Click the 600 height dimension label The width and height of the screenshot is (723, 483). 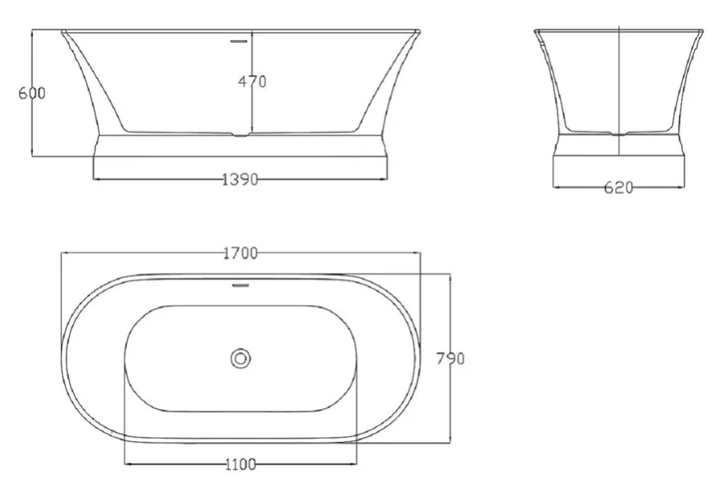coord(31,93)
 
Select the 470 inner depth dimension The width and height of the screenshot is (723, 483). coord(252,81)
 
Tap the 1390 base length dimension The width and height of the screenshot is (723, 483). coord(240,180)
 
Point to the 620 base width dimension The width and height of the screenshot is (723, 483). coord(618,188)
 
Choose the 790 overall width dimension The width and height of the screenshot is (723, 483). coord(451,358)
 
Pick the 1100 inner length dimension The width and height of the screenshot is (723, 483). coord(240,464)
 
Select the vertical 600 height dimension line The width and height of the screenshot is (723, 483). coord(31,129)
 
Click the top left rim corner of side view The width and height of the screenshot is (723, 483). coord(63,32)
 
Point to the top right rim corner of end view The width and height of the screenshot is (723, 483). coord(701,32)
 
